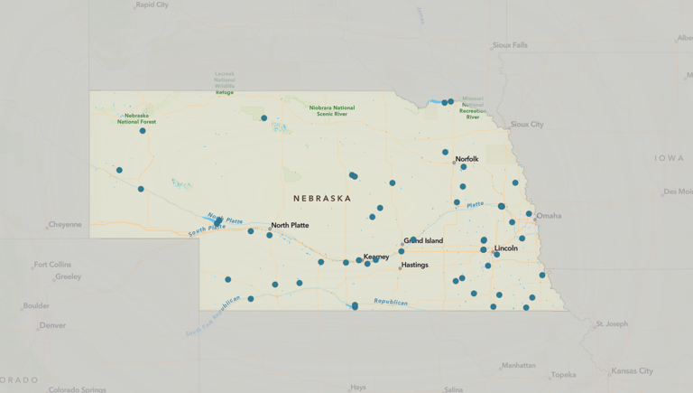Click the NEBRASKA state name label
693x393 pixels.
(x=322, y=198)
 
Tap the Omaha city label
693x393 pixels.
(x=549, y=216)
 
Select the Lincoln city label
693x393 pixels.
(x=506, y=248)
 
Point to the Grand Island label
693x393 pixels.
(x=423, y=241)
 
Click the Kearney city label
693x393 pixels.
(x=376, y=257)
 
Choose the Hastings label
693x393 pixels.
(x=415, y=266)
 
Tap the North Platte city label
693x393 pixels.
(x=290, y=225)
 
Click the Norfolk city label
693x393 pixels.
(x=467, y=159)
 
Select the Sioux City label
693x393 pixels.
(x=527, y=125)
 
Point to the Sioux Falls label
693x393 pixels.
(x=511, y=45)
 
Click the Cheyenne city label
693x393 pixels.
(x=65, y=225)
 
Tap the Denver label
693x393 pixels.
(x=52, y=325)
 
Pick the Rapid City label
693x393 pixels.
(x=152, y=5)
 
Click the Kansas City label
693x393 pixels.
(x=632, y=371)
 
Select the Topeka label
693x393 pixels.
(x=563, y=375)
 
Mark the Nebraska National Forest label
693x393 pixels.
(x=137, y=118)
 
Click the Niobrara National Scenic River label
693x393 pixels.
(x=332, y=111)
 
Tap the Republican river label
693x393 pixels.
(x=391, y=303)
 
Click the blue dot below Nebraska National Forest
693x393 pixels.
(x=143, y=131)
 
